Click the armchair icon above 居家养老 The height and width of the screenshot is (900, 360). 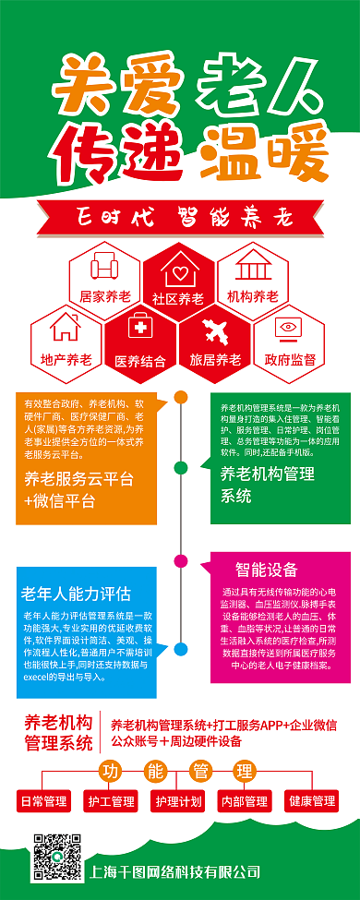(x=105, y=269)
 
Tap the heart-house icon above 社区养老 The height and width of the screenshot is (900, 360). (x=179, y=271)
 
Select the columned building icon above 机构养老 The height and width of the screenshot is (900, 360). (x=252, y=267)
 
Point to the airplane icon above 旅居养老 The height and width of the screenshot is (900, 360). (x=215, y=330)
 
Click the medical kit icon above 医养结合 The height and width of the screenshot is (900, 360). (x=140, y=329)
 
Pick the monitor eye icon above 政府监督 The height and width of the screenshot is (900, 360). (x=290, y=330)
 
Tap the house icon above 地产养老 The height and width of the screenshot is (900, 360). (x=66, y=328)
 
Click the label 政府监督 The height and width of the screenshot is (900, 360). (x=290, y=359)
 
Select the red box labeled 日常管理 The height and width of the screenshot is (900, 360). (x=43, y=800)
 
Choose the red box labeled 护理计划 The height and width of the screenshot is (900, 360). (x=178, y=800)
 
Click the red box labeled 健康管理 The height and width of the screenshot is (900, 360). (x=311, y=800)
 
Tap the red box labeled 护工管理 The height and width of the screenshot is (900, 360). (x=111, y=800)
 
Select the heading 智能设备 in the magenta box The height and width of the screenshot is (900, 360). (x=267, y=569)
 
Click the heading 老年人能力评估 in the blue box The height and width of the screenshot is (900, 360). (x=77, y=592)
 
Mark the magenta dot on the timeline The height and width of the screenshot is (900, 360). (x=181, y=560)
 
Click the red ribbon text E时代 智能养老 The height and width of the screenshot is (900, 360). (x=180, y=218)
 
